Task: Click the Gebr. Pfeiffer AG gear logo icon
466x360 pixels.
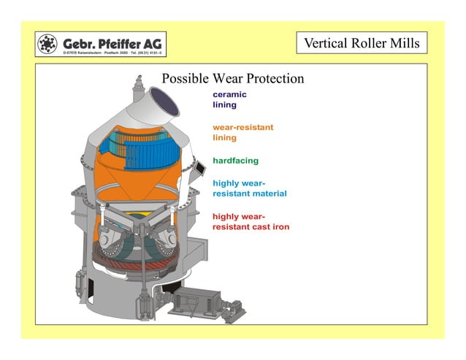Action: [48, 45]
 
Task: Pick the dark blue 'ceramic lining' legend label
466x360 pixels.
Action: [229, 99]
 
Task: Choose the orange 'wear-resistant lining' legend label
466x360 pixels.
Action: [242, 132]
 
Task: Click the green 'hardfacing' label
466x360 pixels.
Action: [235, 160]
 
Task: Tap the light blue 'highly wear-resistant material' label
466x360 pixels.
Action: [249, 188]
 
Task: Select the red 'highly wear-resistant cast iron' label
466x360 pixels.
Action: [251, 222]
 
